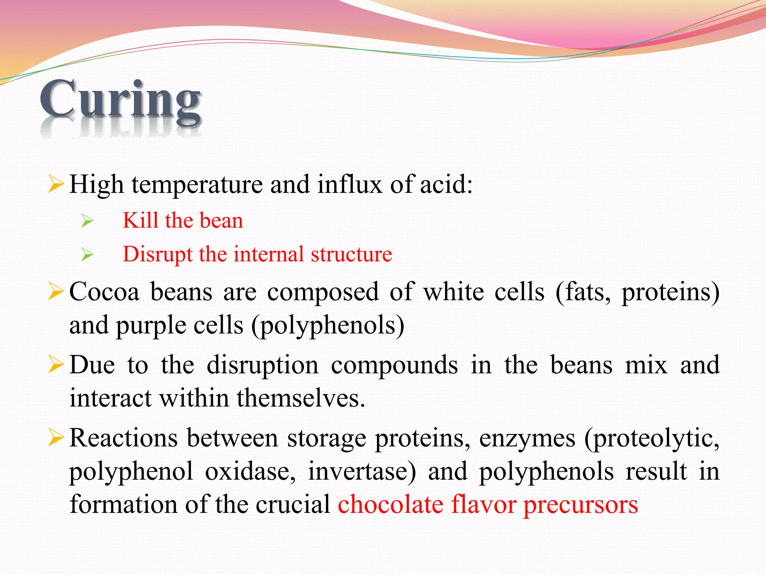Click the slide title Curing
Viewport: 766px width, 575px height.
pyautogui.click(x=120, y=100)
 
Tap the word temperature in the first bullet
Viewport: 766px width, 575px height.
pyautogui.click(x=197, y=185)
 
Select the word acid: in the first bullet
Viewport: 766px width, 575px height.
pyautogui.click(x=446, y=185)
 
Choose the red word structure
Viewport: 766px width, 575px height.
pyautogui.click(x=351, y=255)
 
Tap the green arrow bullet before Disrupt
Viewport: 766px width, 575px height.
pyautogui.click(x=87, y=255)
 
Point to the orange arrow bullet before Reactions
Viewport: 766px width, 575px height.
pyautogui.click(x=56, y=438)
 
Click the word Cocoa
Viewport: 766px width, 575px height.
pyautogui.click(x=104, y=292)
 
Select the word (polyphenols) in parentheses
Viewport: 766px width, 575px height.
pyautogui.click(x=328, y=326)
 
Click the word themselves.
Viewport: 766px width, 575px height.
pyautogui.click(x=301, y=398)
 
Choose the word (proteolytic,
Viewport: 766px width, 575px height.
pyautogui.click(x=652, y=438)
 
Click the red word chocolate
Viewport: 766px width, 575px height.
pyautogui.click(x=390, y=505)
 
